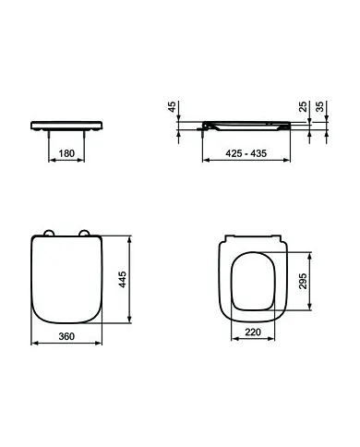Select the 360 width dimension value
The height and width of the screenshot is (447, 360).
coord(66,336)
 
